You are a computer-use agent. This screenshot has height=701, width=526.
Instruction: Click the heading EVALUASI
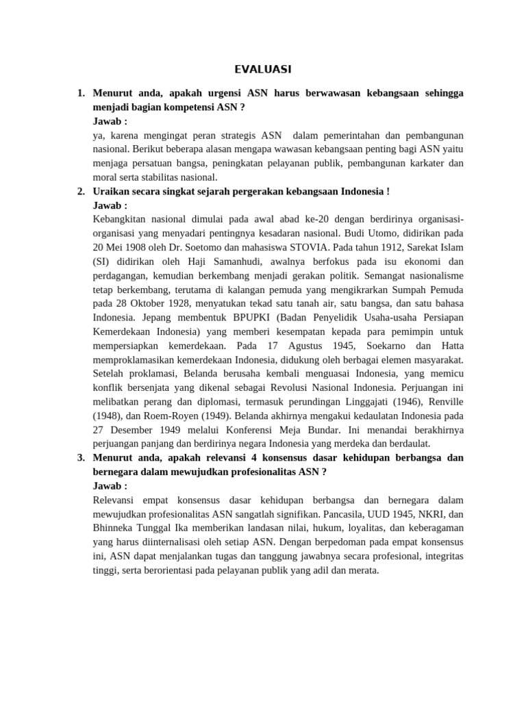coord(263,69)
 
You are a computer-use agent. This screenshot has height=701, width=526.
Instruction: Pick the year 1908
coord(133,248)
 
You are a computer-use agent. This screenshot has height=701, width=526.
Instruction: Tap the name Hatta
coord(451,346)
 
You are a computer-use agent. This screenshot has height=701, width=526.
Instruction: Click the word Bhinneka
coord(113,527)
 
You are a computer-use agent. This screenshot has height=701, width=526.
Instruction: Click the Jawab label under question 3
coord(110,485)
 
